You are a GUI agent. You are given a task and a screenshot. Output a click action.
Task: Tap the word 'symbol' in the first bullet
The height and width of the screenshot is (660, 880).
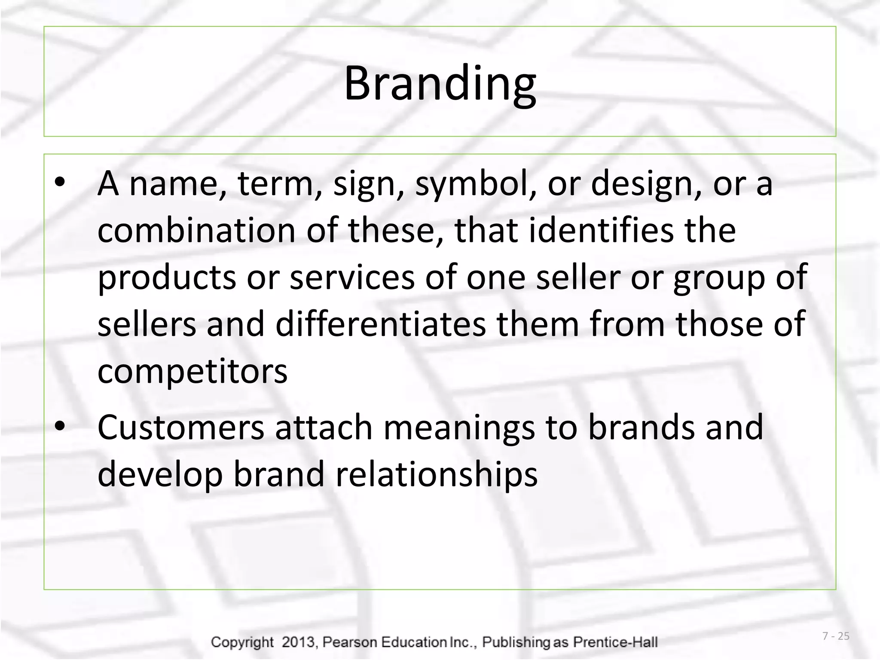pos(471,184)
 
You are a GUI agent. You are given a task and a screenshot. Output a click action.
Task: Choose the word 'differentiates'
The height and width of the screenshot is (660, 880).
pos(381,324)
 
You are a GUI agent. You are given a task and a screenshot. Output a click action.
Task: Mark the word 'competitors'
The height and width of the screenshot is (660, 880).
pos(192,372)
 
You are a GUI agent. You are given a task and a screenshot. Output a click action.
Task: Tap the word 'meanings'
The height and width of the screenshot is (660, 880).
pos(459,428)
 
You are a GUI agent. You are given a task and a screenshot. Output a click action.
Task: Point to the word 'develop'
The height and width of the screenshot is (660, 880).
pos(160,475)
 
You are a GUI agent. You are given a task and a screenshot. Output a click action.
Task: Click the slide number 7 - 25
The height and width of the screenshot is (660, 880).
pos(836,636)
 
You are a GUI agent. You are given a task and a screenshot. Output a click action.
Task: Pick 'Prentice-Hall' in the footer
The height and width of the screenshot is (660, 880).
pos(615,642)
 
